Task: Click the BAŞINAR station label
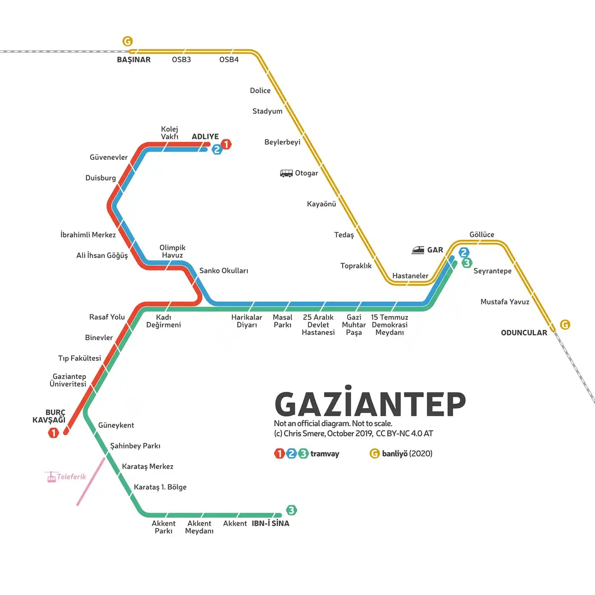point(134,60)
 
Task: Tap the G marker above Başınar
point(127,41)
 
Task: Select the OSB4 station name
point(229,60)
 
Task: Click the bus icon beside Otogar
point(286,173)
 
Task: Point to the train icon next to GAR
point(418,250)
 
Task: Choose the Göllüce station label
point(482,235)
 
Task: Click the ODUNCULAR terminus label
point(524,333)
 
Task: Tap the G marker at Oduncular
point(565,325)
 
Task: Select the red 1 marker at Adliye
point(226,144)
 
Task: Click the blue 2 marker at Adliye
point(217,150)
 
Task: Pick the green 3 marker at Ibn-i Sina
point(291,510)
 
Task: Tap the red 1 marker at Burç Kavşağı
point(54,433)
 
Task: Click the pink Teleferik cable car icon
point(51,477)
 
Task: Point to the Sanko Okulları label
point(224,271)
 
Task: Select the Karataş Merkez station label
point(147,467)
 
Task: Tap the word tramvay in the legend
point(325,454)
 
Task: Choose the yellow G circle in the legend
point(374,453)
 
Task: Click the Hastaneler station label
point(410,276)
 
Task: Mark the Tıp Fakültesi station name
point(79,358)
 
